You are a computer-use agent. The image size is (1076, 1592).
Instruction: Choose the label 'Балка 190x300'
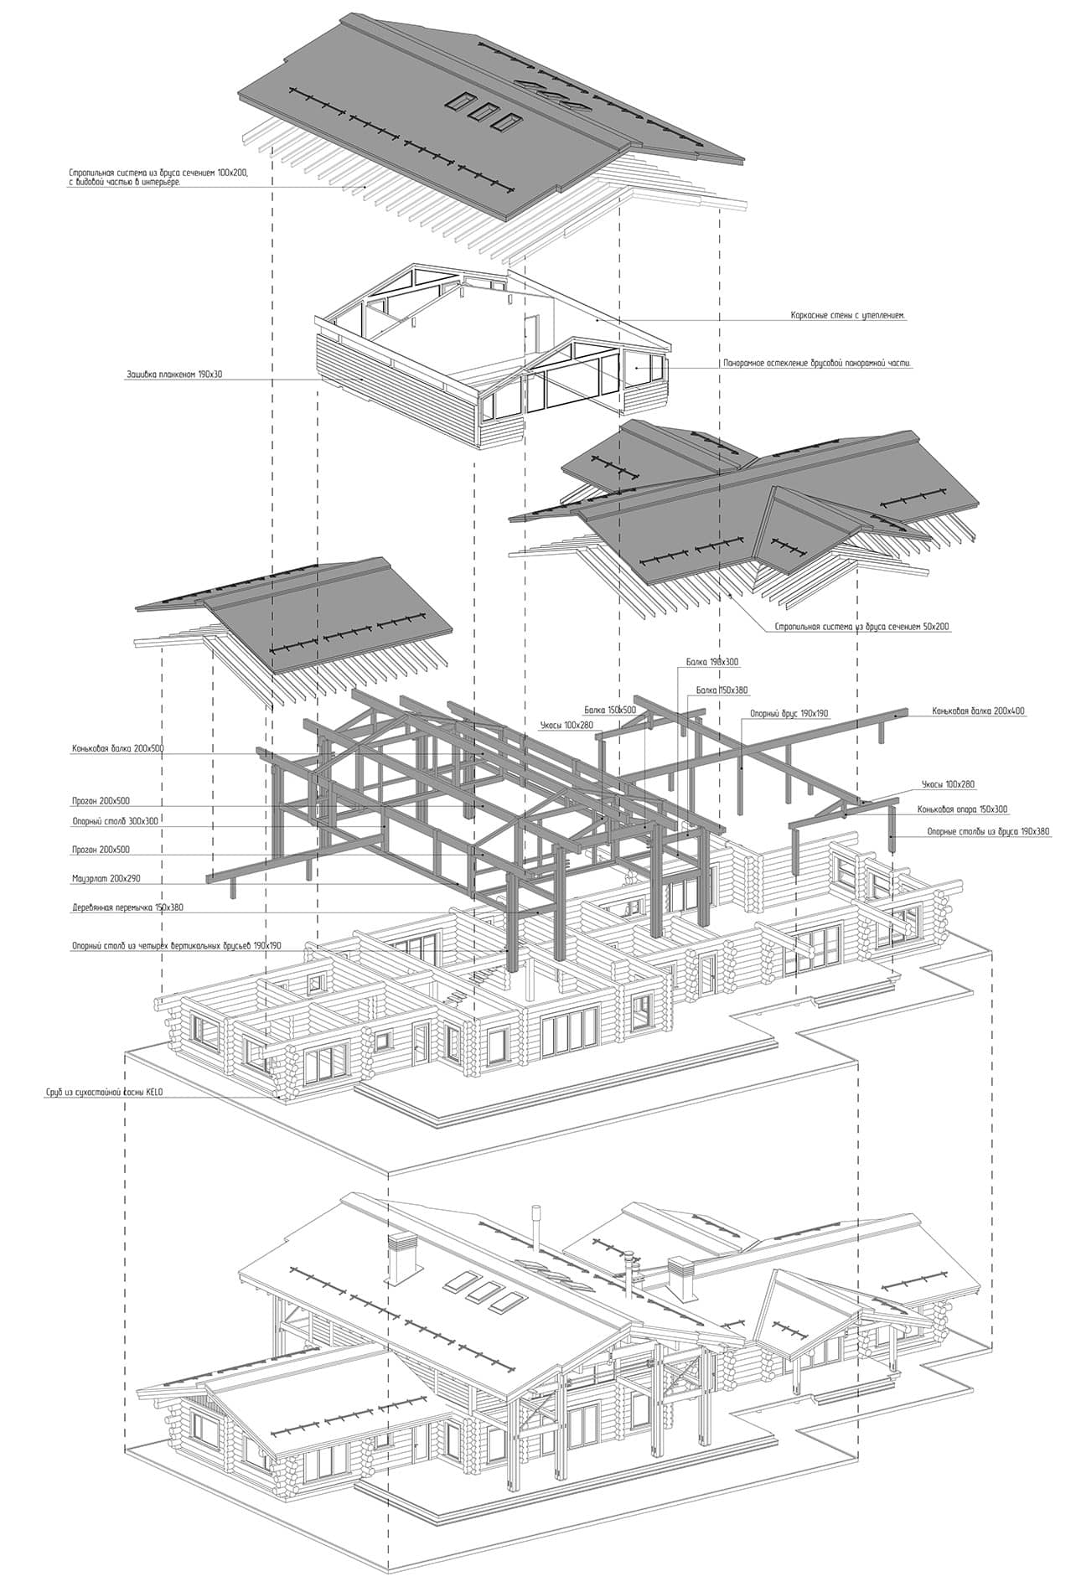pyautogui.click(x=712, y=662)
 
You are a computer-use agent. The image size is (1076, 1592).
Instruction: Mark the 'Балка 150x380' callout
pyautogui.click(x=722, y=690)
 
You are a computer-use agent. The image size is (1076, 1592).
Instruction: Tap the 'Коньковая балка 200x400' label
pyautogui.click(x=978, y=711)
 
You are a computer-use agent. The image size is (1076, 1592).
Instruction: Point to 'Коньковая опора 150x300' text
pyautogui.click(x=963, y=809)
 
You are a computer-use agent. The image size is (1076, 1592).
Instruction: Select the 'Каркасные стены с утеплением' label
pyautogui.click(x=849, y=317)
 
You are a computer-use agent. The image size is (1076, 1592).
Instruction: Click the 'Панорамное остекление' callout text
pyautogui.click(x=816, y=364)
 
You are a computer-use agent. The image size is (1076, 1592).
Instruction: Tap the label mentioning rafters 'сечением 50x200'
pyautogui.click(x=863, y=627)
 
